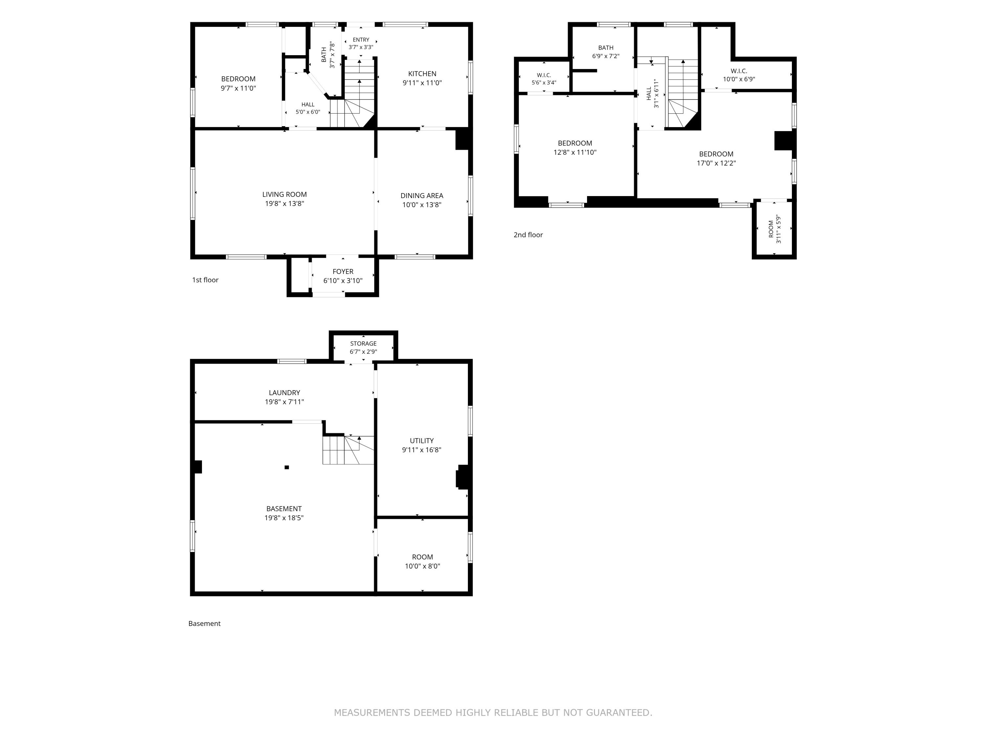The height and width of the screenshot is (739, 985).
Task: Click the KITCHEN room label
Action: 422,74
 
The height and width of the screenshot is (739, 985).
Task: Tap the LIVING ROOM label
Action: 285,194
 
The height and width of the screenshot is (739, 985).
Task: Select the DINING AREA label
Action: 422,195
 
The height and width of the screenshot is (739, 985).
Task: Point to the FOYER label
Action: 343,271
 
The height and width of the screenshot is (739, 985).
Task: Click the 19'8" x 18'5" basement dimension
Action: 284,518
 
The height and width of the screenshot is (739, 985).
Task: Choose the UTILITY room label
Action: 422,440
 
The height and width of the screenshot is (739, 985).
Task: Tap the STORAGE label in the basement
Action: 363,344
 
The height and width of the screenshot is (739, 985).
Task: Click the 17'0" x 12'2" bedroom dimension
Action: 716,163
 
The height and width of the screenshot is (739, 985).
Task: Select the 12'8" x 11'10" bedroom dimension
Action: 575,152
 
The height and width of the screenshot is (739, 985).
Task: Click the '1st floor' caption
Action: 205,280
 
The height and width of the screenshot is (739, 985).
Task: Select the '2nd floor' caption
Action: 528,235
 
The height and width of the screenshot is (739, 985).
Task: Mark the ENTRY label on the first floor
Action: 361,40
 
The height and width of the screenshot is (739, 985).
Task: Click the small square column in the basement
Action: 287,467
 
